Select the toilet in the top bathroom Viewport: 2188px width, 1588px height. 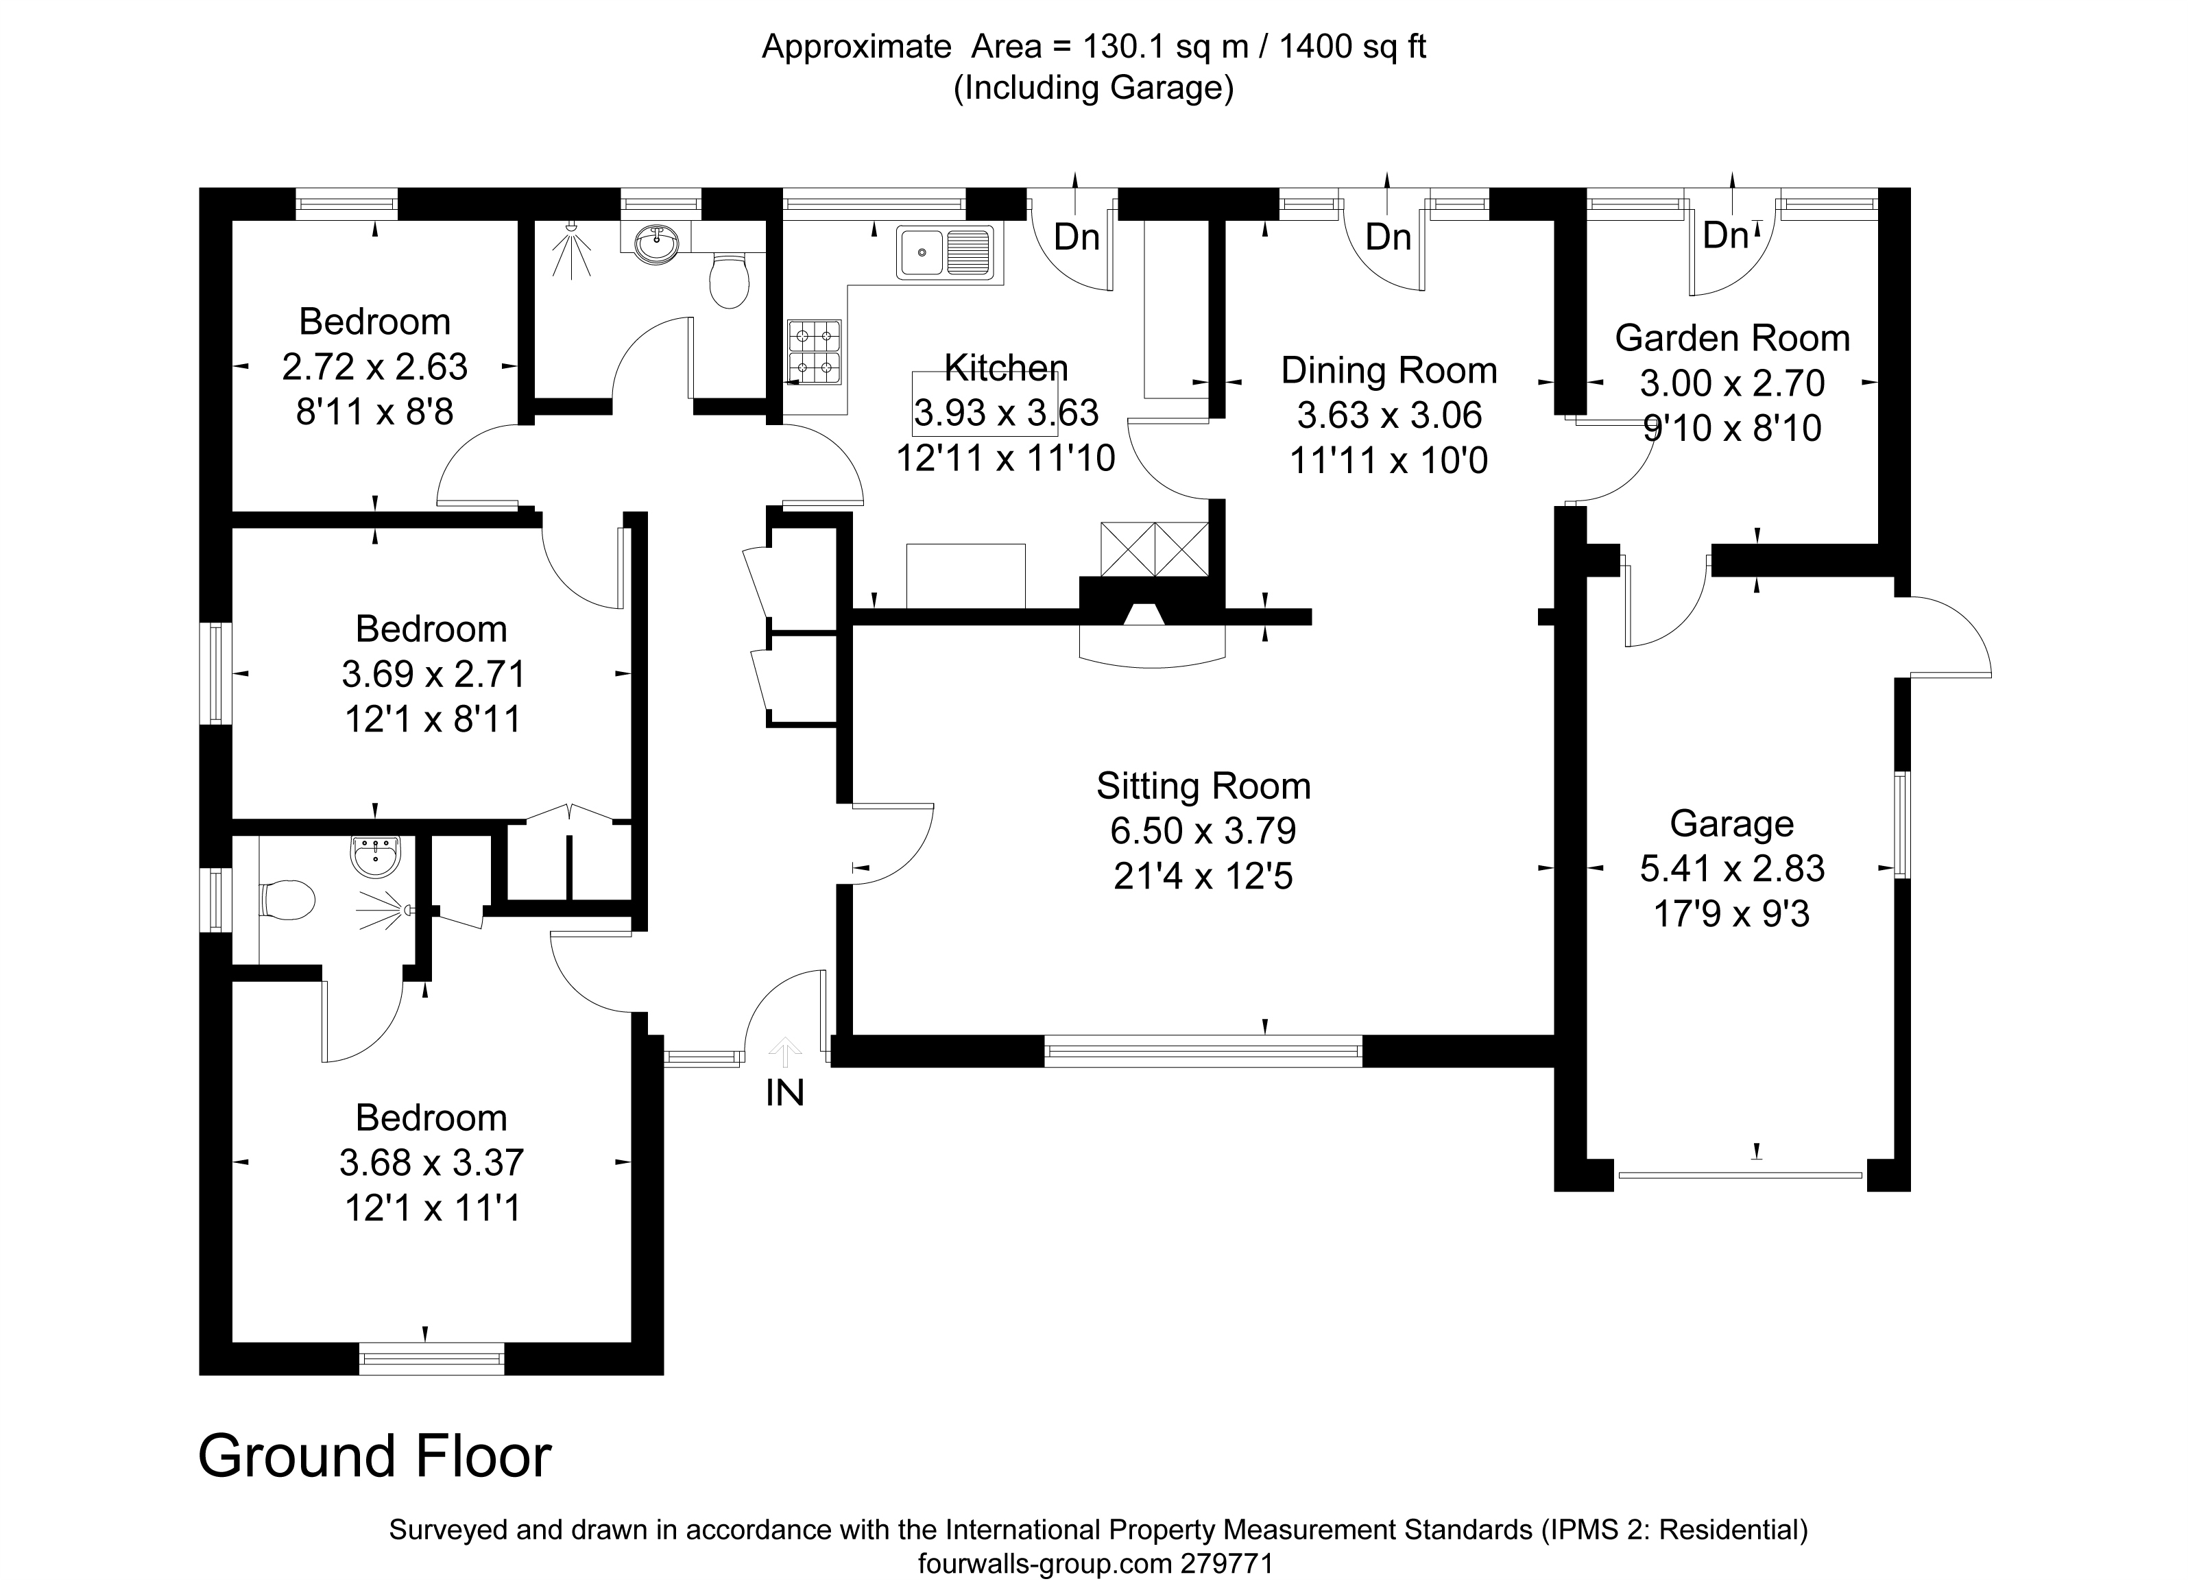point(730,278)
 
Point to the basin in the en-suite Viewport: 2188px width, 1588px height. point(374,856)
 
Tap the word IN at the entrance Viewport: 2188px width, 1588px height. point(784,1093)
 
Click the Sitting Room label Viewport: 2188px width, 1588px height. point(1203,786)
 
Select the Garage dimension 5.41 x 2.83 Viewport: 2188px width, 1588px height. point(1732,868)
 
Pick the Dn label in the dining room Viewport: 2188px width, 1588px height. point(1388,237)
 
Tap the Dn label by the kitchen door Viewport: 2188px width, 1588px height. point(1077,237)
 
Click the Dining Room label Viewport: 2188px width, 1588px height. point(1388,370)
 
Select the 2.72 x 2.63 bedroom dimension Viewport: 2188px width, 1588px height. point(374,367)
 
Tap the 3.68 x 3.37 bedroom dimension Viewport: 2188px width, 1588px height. point(431,1162)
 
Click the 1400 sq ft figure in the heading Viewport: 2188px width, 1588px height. point(1353,47)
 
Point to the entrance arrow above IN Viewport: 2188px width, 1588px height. point(785,1052)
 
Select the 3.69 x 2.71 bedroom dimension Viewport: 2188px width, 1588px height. point(433,673)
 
